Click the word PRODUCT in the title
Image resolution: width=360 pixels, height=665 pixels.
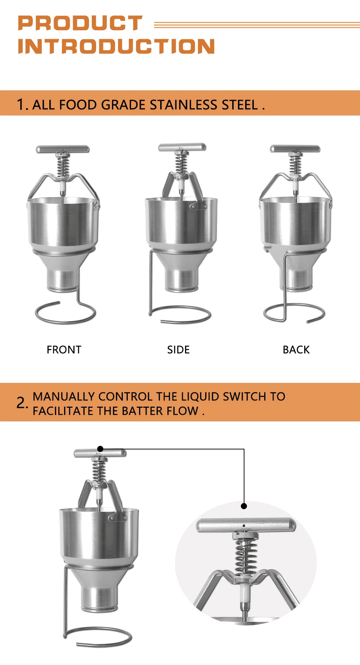pyautogui.click(x=80, y=23)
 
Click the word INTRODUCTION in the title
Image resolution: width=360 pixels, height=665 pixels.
pyautogui.click(x=116, y=46)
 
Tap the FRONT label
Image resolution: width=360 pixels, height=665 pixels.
pyautogui.click(x=64, y=350)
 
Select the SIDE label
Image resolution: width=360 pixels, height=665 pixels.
pyautogui.click(x=178, y=350)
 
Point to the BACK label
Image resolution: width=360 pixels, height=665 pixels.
pyautogui.click(x=296, y=350)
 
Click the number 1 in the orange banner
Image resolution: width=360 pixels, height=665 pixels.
pyautogui.click(x=21, y=105)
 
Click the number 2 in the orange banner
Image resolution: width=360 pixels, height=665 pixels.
pyautogui.click(x=21, y=403)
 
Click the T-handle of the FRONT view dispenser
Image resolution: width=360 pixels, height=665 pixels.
pyautogui.click(x=63, y=149)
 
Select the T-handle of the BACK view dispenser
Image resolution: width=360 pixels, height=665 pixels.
pyautogui.click(x=295, y=149)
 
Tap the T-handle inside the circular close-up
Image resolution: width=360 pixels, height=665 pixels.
pyautogui.click(x=246, y=525)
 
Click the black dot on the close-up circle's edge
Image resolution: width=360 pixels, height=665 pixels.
pyautogui.click(x=244, y=506)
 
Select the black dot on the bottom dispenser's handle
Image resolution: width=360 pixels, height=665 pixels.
pyautogui.click(x=100, y=449)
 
